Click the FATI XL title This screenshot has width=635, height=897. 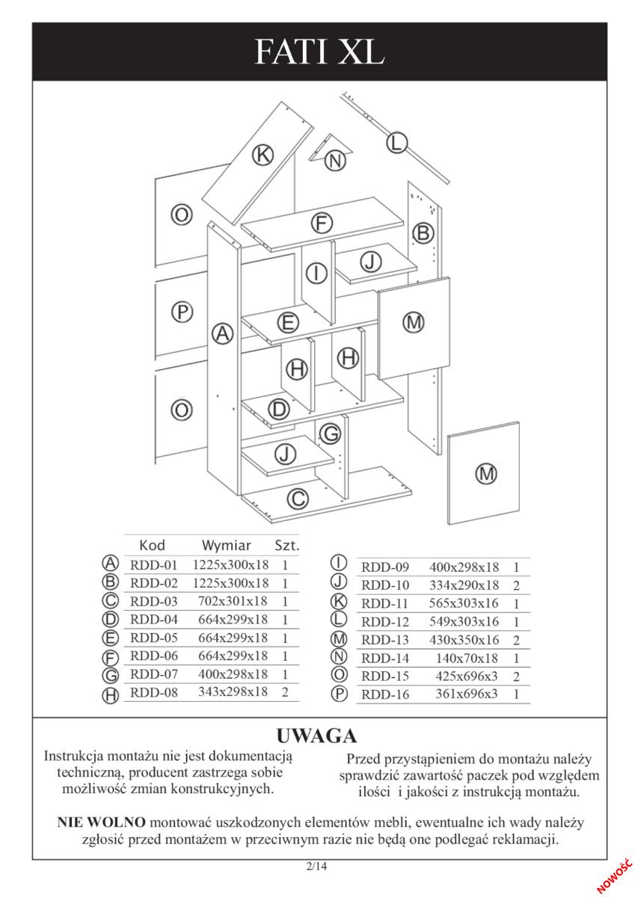pos(319,52)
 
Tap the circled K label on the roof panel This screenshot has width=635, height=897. pos(263,155)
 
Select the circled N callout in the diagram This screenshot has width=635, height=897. pos(335,161)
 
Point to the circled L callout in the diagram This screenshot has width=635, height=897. pos(396,143)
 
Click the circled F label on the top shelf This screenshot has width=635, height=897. pos(322,223)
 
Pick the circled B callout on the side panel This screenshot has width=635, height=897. pos(423,232)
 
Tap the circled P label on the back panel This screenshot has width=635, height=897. pos(182,312)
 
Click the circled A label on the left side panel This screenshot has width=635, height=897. pos(222,333)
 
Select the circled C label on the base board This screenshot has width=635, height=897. pos(298,499)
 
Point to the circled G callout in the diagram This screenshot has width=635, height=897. pos(331,434)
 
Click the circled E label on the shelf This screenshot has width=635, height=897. pos(289,322)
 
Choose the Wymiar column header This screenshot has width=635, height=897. pos(227,546)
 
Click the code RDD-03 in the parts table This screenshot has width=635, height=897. pos(154,601)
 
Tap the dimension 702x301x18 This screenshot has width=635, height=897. pos(233,601)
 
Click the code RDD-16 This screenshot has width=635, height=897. pos(385,694)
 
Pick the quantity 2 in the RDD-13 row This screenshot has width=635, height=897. pos(516,640)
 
